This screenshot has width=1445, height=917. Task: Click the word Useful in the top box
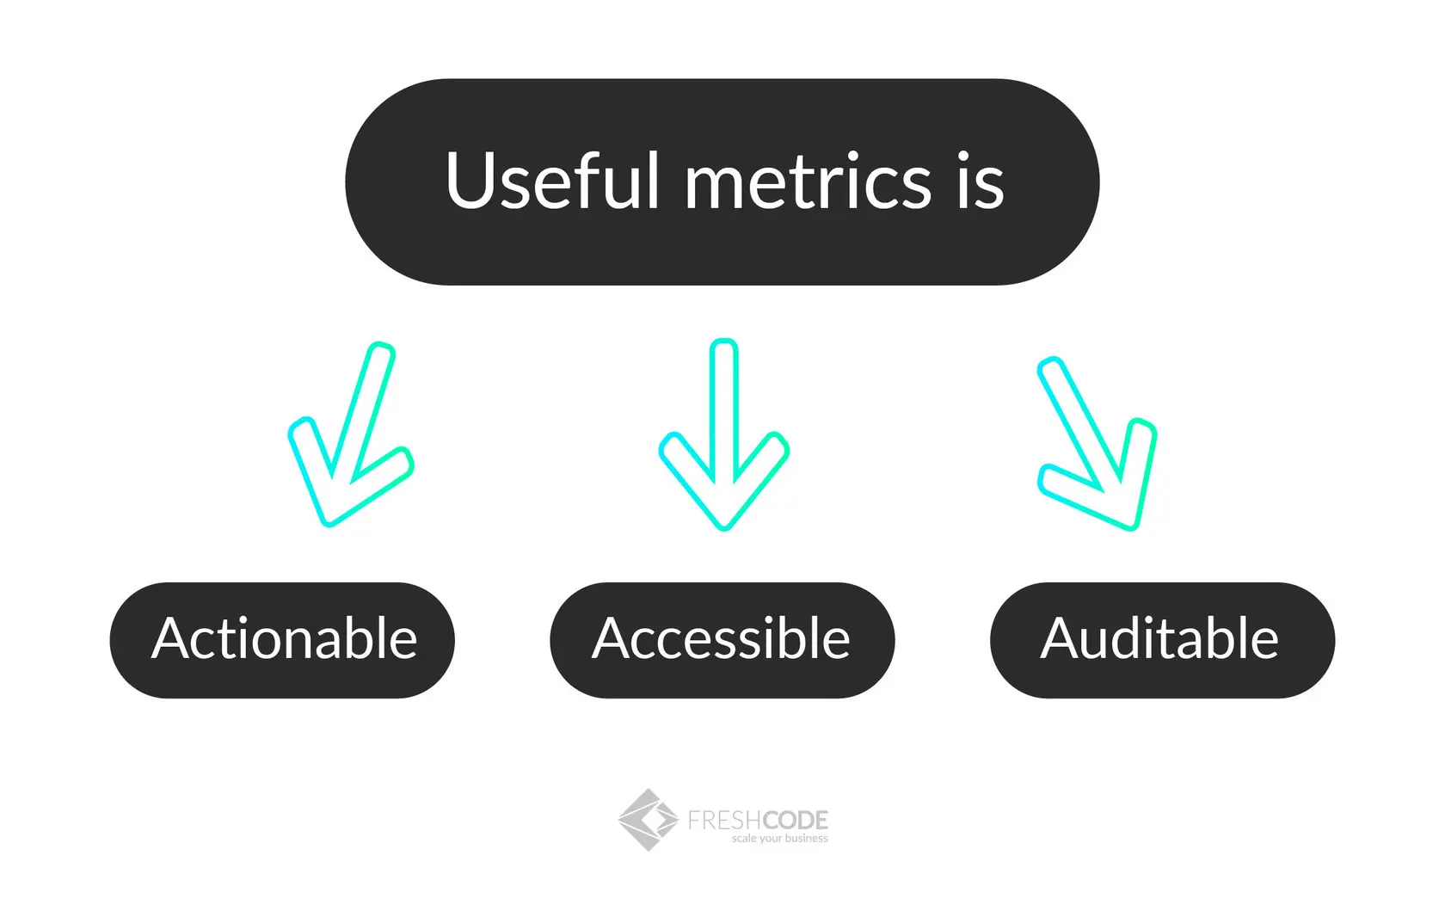pos(551,181)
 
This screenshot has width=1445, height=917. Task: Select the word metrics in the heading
pos(808,182)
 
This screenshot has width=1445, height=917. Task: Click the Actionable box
pos(282,640)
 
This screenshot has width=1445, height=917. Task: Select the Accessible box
pos(722,640)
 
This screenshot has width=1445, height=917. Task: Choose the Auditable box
pos(1162,640)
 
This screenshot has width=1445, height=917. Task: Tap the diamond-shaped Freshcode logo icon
pos(648,820)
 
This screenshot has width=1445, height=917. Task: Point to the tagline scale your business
pos(779,839)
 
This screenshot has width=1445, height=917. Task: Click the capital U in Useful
pos(469,181)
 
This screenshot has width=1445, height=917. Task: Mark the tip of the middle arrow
pos(724,526)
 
